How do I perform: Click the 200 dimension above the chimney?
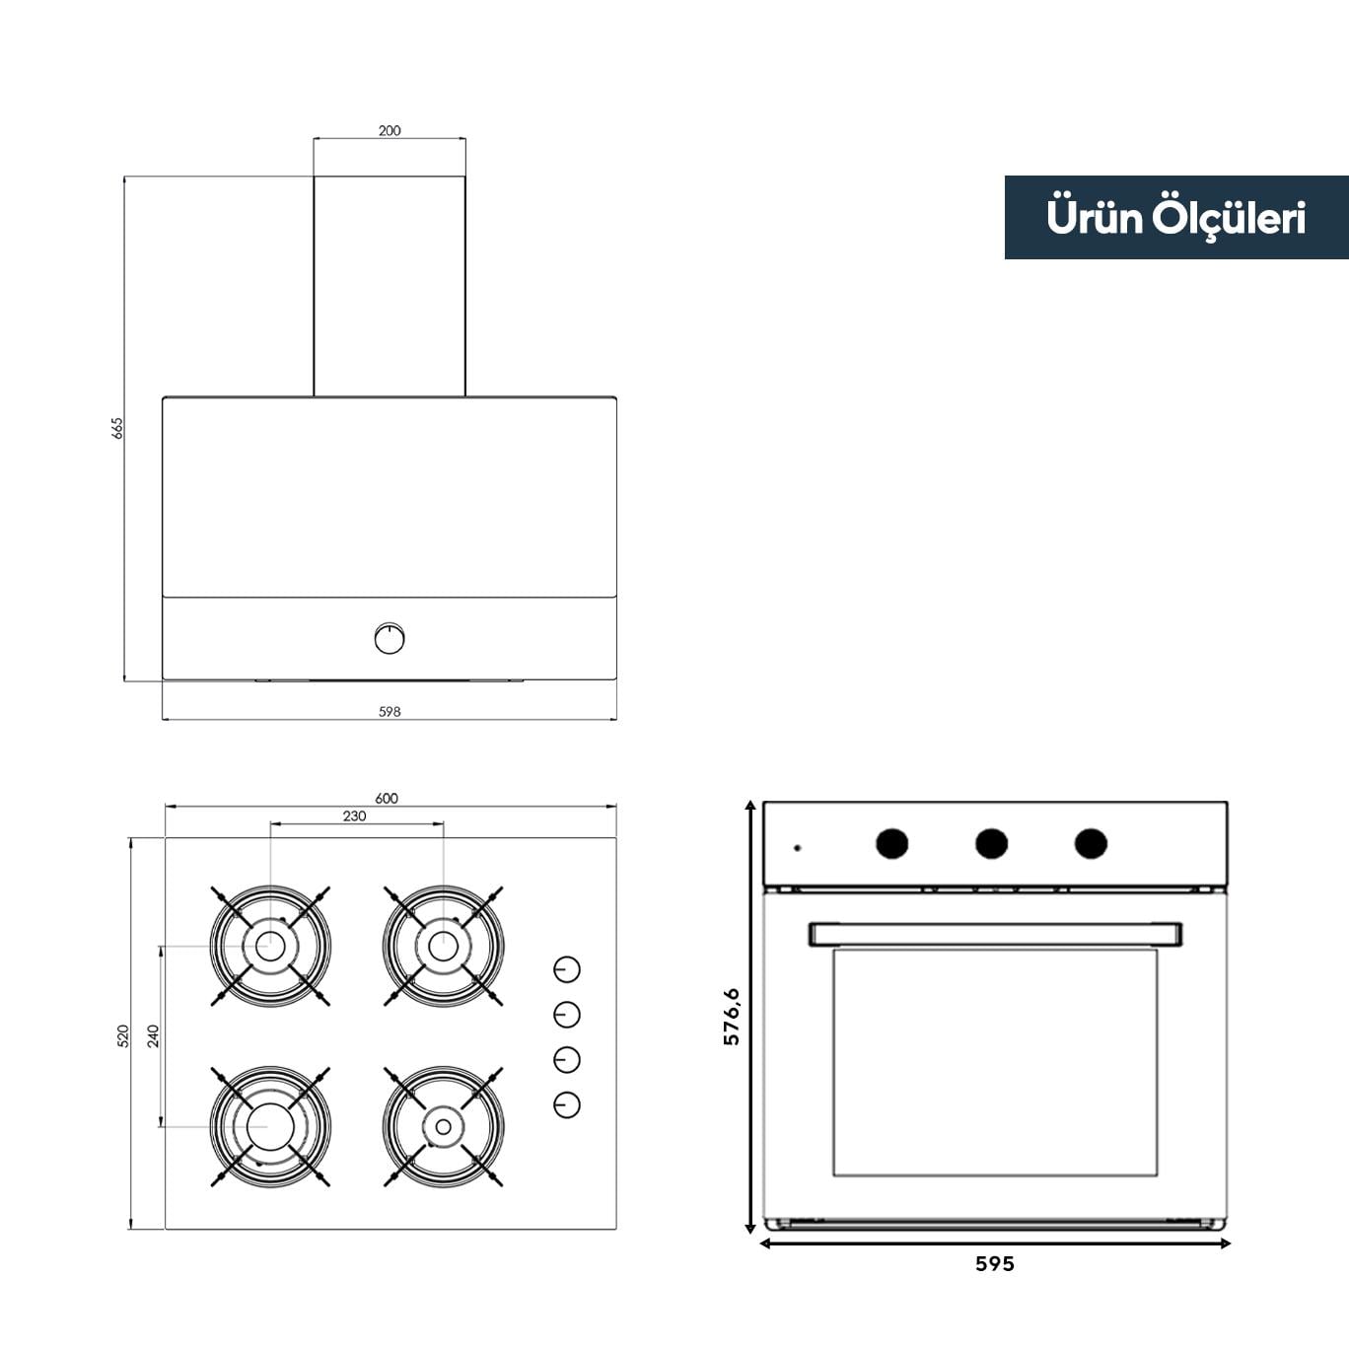click(390, 131)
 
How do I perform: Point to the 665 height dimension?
click(117, 428)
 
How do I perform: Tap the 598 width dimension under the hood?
click(390, 711)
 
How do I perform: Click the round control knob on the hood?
click(390, 638)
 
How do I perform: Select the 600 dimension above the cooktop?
click(387, 798)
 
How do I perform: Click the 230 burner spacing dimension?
click(354, 816)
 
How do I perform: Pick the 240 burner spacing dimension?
click(153, 1036)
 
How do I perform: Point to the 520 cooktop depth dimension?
click(123, 1036)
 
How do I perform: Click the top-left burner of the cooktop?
click(270, 947)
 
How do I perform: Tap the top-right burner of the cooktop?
click(443, 947)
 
